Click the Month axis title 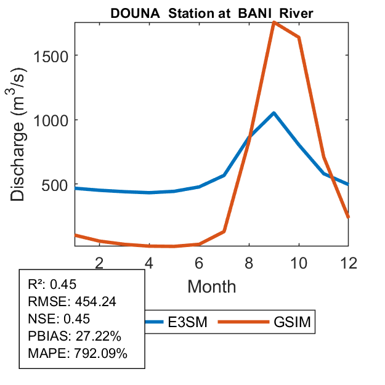(211, 286)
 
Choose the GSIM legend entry (291, 322)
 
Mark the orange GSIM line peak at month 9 (274, 23)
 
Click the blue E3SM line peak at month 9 (274, 113)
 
